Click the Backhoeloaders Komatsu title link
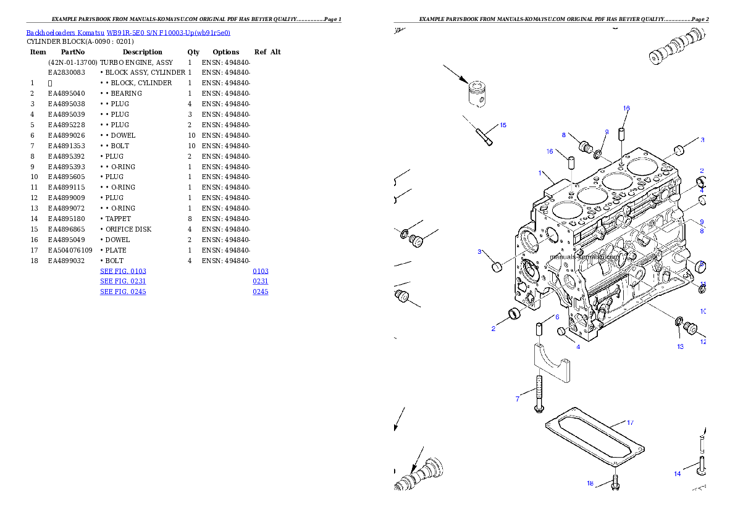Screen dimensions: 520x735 128,33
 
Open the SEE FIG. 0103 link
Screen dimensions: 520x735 123,271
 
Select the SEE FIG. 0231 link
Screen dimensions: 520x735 123,281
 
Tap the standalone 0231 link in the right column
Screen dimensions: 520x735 260,281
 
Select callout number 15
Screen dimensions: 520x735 503,125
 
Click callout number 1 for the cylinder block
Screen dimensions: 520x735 540,173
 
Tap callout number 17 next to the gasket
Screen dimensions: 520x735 630,423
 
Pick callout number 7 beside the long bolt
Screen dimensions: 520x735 518,399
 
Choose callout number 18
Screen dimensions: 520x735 590,484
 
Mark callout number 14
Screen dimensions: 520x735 678,474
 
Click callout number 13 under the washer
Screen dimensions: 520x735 680,346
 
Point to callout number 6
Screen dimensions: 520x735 557,317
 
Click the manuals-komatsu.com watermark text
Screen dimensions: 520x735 584,256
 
